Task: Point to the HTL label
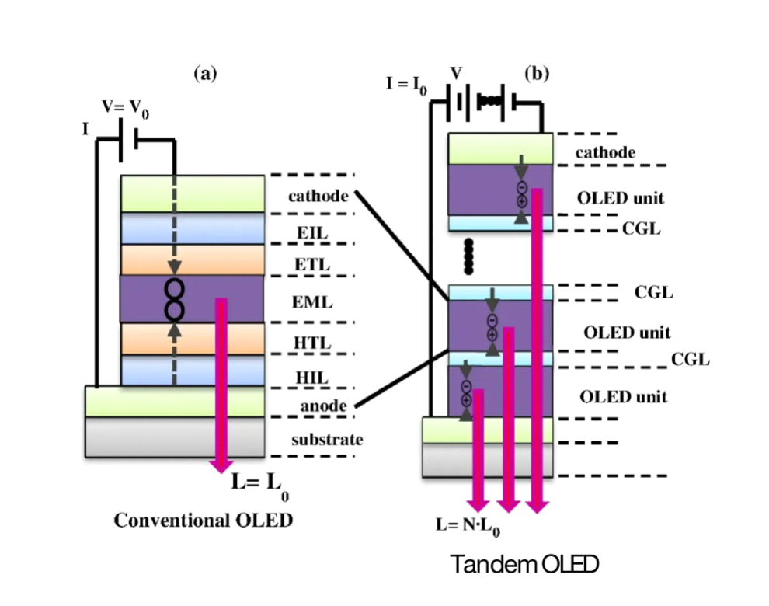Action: click(x=313, y=342)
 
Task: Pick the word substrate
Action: click(x=327, y=440)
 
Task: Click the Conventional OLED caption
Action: click(x=204, y=520)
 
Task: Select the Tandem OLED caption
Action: click(x=525, y=566)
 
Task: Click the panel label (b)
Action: click(x=538, y=75)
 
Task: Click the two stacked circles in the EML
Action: click(x=174, y=299)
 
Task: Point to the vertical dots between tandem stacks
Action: click(x=468, y=256)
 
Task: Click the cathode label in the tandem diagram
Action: click(x=604, y=152)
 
